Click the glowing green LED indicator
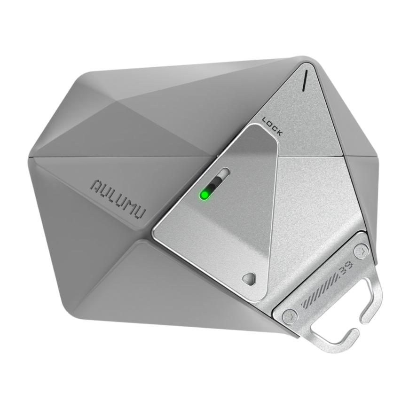pyautogui.click(x=204, y=194)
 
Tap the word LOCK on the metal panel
pyautogui.click(x=273, y=126)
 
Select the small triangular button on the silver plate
pyautogui.click(x=249, y=278)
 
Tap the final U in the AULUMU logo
pyautogui.click(x=139, y=211)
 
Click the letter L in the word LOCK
pyautogui.click(x=265, y=120)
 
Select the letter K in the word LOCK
pyautogui.click(x=280, y=134)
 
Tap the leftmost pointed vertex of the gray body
pyautogui.click(x=29, y=157)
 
